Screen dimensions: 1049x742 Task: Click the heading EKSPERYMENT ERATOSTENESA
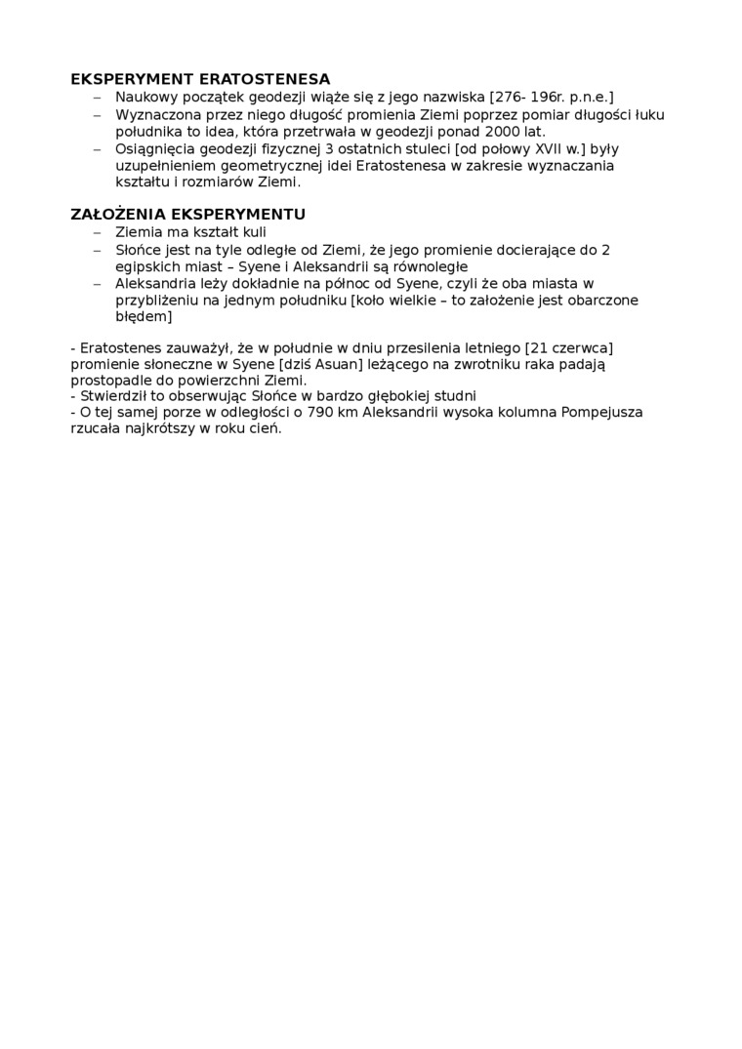click(200, 79)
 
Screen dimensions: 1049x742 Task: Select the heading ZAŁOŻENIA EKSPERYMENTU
click(188, 215)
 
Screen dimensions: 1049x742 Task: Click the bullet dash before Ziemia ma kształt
click(97, 232)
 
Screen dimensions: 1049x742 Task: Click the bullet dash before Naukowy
click(97, 97)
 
